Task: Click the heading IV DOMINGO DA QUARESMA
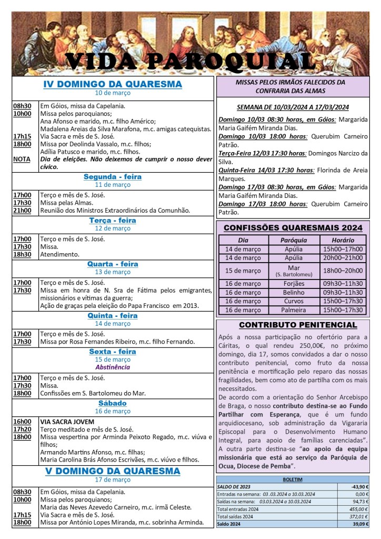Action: point(113,84)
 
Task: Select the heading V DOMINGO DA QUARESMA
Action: point(113,471)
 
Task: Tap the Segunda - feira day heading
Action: point(113,177)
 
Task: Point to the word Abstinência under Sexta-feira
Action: point(113,367)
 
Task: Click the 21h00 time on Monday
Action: point(22,210)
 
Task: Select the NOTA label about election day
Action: point(22,159)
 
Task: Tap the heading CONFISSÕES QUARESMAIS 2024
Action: point(293,228)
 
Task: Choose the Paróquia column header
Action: point(294,239)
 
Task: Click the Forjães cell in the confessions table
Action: point(294,283)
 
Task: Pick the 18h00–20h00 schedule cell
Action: point(343,271)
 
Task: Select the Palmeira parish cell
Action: point(294,310)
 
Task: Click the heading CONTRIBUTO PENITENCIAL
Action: point(298,325)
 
